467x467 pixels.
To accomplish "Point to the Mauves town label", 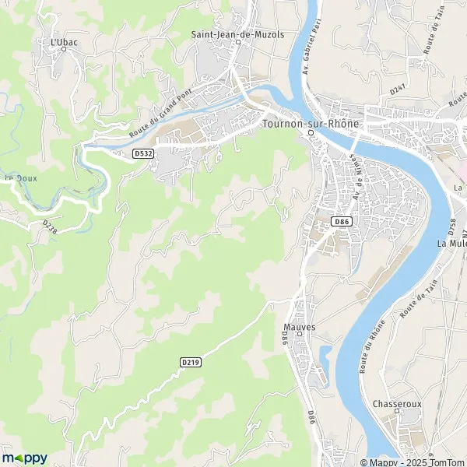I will [x=300, y=327].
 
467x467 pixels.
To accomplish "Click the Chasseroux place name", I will [x=396, y=404].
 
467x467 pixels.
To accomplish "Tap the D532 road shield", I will [x=142, y=154].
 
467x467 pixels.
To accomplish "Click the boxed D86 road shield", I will [x=340, y=222].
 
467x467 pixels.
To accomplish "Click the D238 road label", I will [x=51, y=226].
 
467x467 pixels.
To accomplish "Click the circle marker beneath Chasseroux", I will [x=396, y=413].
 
